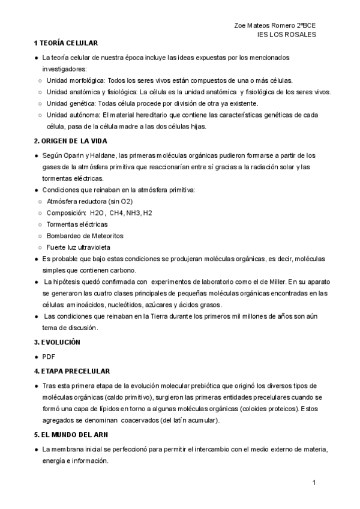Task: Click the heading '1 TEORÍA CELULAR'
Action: [66, 44]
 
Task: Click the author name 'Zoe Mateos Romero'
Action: [262, 26]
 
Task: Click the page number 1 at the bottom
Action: [314, 483]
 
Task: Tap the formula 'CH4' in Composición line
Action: [116, 212]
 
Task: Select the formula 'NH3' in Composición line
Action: [134, 212]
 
